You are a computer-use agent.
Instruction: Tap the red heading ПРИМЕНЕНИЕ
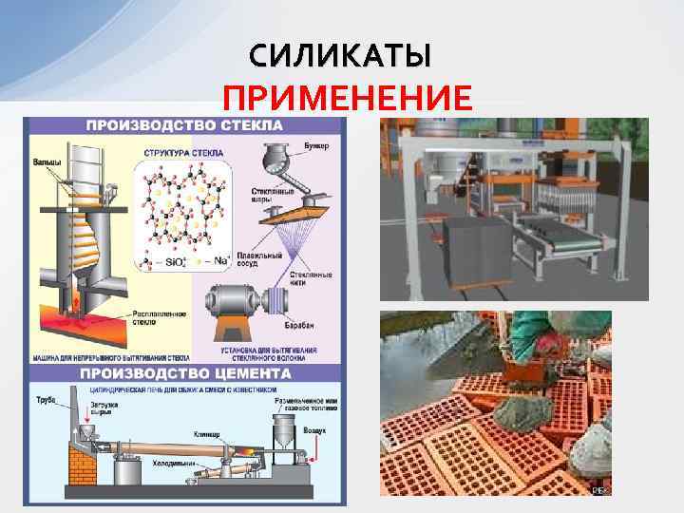click(346, 99)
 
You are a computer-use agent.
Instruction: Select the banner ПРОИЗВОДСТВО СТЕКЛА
click(185, 125)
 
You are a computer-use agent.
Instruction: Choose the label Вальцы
click(47, 162)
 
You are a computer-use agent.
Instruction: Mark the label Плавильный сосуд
click(262, 259)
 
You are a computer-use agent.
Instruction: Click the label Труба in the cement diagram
click(44, 399)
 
